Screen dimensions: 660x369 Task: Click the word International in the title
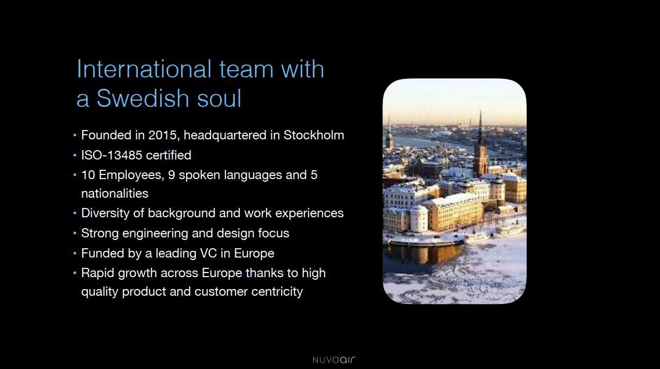pos(144,69)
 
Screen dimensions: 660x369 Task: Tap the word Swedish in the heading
pos(143,98)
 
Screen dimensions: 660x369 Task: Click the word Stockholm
pos(314,135)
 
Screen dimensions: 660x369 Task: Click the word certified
pos(168,155)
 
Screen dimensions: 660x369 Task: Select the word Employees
pos(131,175)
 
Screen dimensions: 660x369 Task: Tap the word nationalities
pos(115,194)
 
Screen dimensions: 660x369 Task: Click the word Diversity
pos(105,213)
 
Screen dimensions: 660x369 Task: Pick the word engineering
pos(155,233)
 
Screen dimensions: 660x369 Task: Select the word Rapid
pos(98,273)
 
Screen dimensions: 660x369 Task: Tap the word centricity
pos(277,292)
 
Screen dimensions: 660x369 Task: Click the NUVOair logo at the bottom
pos(334,360)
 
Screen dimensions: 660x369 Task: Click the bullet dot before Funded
pos(75,253)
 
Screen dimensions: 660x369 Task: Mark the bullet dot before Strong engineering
pos(75,233)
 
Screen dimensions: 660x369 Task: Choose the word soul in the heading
pos(219,98)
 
